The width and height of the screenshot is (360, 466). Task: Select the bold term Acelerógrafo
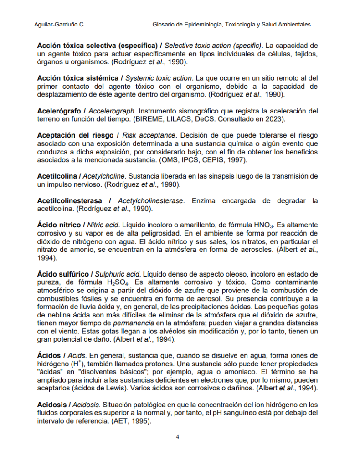pos(59,111)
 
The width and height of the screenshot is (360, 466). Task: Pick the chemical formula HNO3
pos(265,225)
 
